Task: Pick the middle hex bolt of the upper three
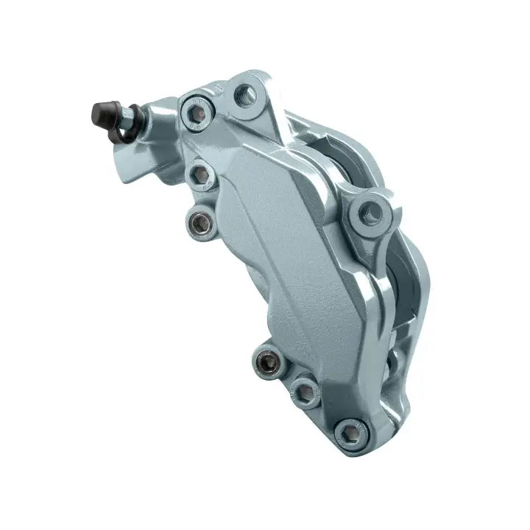(x=199, y=174)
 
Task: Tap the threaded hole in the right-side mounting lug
(x=370, y=213)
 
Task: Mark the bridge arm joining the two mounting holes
(x=309, y=147)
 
